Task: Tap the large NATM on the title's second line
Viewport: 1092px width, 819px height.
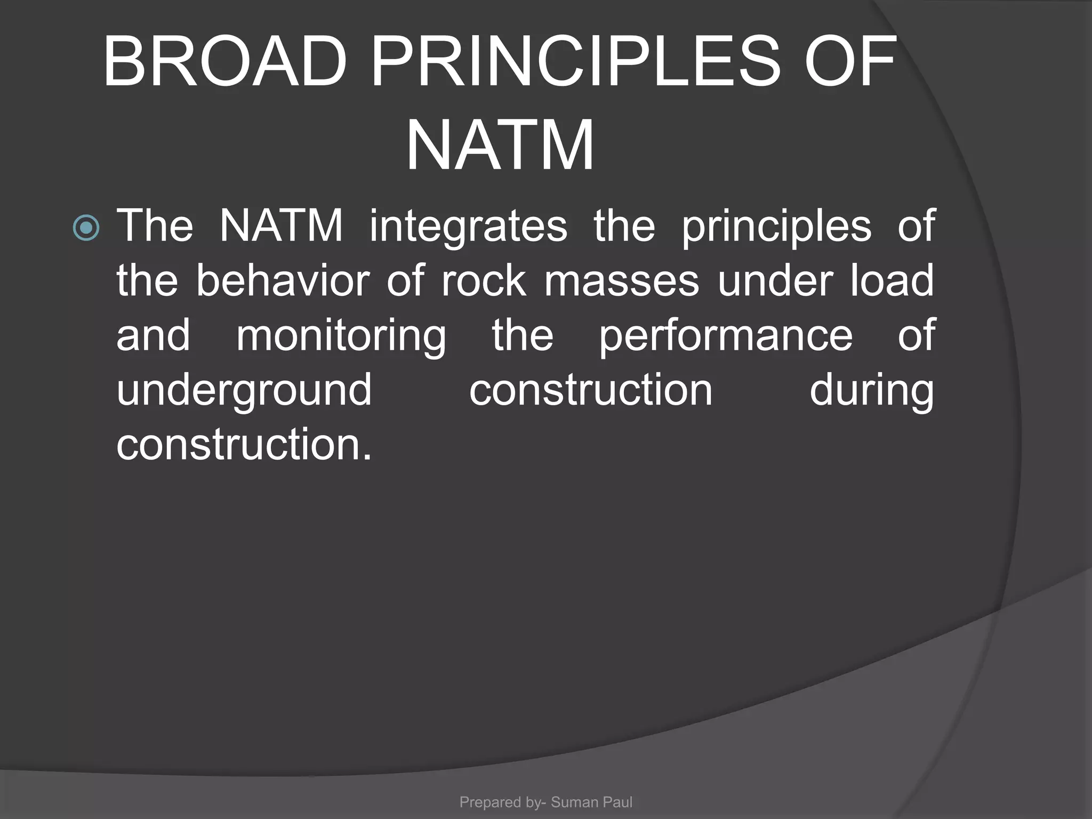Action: (500, 146)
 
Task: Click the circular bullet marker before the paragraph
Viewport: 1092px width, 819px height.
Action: (86, 228)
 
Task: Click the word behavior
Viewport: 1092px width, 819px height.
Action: (283, 281)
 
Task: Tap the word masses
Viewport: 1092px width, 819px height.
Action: (621, 281)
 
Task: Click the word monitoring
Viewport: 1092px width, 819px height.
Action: (341, 336)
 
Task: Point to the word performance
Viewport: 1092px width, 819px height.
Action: (726, 336)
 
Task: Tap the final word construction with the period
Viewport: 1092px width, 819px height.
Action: (244, 444)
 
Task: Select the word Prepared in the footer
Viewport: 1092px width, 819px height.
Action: (490, 802)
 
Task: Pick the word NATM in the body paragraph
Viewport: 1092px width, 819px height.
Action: (281, 227)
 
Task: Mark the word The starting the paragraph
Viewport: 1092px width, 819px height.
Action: (155, 227)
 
